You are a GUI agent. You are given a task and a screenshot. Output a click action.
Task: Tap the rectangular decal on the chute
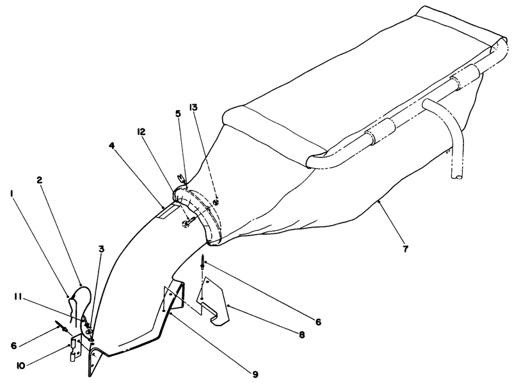[169, 212]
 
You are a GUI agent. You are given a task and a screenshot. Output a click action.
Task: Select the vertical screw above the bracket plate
[203, 262]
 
